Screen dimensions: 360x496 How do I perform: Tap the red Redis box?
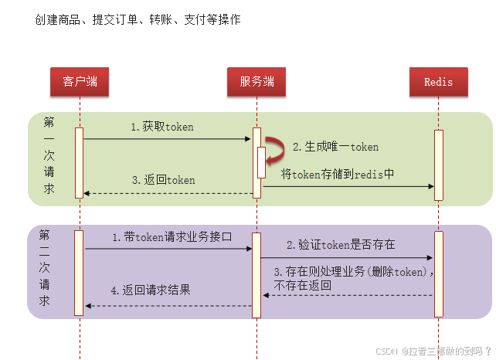pos(438,82)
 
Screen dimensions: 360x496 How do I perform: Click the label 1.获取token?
pos(162,127)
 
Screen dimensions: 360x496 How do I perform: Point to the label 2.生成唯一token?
pos(335,147)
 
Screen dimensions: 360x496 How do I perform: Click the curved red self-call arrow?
pos(273,149)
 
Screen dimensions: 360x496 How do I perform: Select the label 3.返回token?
pos(163,180)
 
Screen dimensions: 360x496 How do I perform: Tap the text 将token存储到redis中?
pos(338,174)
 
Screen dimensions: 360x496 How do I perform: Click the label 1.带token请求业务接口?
pos(172,238)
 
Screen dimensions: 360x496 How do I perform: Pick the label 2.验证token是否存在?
pos(341,245)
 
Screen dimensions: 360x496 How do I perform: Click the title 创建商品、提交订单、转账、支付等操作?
pos(138,19)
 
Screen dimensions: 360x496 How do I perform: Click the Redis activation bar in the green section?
pos(439,165)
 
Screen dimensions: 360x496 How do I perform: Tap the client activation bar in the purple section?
pos(78,272)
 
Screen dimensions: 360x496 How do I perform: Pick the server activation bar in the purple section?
pos(256,274)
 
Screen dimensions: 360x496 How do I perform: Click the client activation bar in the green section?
pos(79,162)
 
